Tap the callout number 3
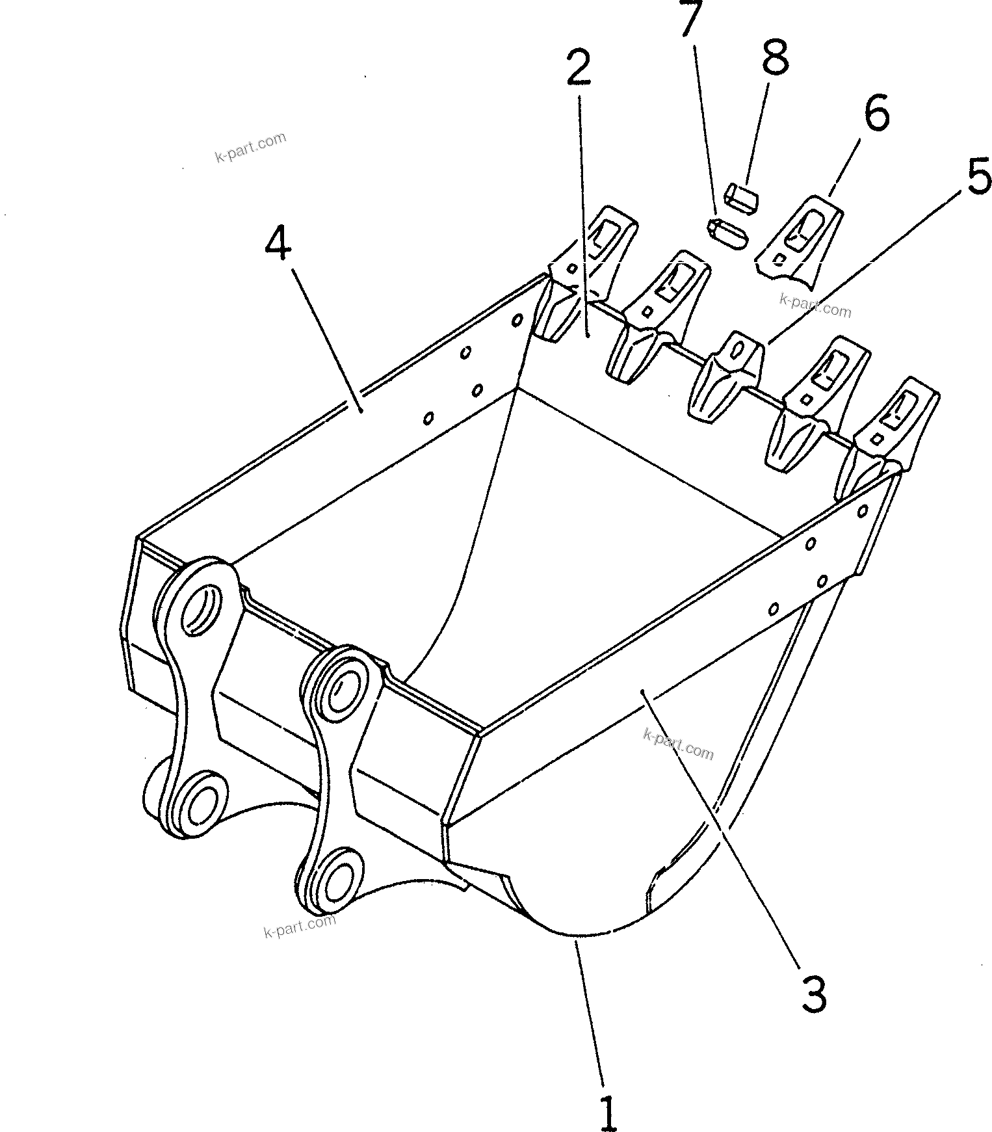(x=813, y=993)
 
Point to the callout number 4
(x=278, y=245)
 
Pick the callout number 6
(x=876, y=114)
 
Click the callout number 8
(x=775, y=57)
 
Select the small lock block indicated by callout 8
(x=742, y=197)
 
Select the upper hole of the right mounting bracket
(x=343, y=691)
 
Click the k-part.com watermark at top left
(x=250, y=148)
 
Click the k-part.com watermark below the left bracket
(x=300, y=925)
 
